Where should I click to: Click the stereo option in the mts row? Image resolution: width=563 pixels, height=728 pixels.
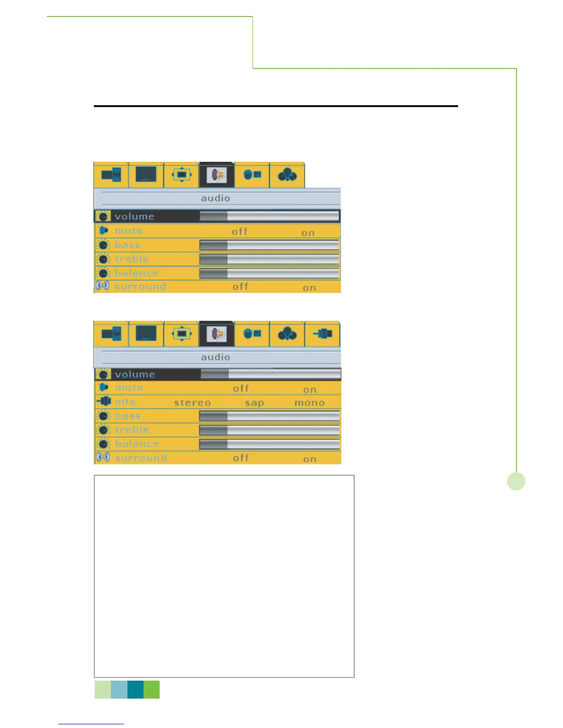click(x=192, y=403)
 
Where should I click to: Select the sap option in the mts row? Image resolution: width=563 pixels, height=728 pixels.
click(x=254, y=403)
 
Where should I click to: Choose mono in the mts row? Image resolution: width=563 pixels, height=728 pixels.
click(x=310, y=403)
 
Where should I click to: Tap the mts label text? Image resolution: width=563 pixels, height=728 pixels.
click(x=125, y=402)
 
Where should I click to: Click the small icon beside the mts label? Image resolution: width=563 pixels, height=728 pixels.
click(x=104, y=401)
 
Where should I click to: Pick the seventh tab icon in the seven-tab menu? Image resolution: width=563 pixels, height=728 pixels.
click(x=322, y=334)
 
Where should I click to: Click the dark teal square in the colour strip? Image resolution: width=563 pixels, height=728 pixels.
click(x=135, y=690)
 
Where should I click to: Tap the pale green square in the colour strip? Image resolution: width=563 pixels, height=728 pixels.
click(x=103, y=690)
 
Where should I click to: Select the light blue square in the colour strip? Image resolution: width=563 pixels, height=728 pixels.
click(x=119, y=690)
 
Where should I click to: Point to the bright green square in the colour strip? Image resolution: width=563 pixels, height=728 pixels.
click(x=152, y=690)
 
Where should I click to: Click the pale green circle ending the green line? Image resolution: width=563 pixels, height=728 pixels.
click(x=516, y=481)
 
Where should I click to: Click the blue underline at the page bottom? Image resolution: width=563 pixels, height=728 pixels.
click(x=91, y=724)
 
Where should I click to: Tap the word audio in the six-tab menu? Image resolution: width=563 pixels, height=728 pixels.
click(x=215, y=198)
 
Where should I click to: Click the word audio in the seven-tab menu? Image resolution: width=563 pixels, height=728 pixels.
click(x=215, y=357)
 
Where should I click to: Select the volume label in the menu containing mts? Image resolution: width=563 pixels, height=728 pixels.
click(x=135, y=375)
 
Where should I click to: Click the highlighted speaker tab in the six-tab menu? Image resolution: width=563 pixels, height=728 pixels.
click(x=217, y=175)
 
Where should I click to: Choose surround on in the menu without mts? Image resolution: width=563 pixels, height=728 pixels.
click(x=309, y=288)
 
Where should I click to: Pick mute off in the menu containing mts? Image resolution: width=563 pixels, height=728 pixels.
click(x=241, y=388)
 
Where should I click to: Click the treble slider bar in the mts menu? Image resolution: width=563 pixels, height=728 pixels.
click(x=270, y=430)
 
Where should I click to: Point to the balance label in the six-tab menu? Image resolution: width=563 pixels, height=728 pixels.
click(x=137, y=273)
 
